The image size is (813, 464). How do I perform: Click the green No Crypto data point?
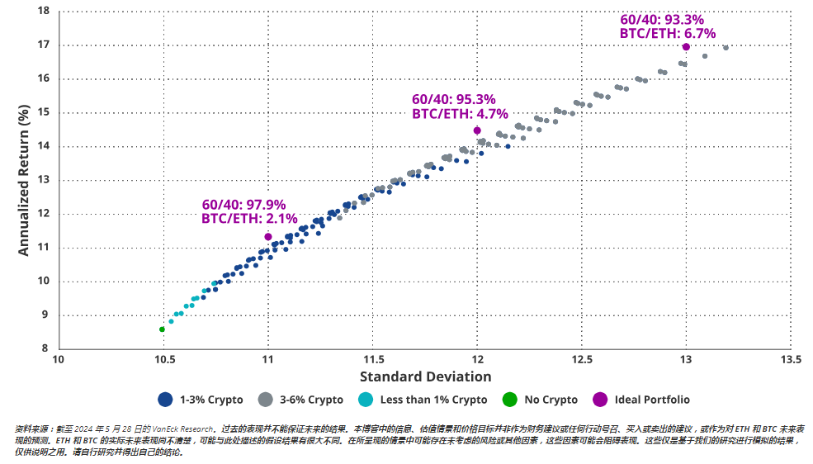coord(162,329)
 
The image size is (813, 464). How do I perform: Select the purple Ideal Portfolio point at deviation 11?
coord(268,237)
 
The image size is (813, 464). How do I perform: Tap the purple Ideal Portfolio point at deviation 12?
coord(477,130)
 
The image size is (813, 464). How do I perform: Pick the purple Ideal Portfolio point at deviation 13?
coord(686,47)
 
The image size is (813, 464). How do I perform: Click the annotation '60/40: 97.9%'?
coord(243,205)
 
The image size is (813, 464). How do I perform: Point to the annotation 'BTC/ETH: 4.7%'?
coord(460,114)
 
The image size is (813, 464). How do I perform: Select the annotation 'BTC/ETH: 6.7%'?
coord(668,34)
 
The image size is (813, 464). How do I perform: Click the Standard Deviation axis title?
coord(425,376)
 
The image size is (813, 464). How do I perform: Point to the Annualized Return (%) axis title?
coord(25,180)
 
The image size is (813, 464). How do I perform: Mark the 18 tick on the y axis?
coord(44,12)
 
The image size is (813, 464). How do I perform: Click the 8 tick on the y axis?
coord(47,348)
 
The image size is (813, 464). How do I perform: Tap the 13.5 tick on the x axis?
coord(791,360)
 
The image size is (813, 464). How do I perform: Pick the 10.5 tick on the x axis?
coord(163,360)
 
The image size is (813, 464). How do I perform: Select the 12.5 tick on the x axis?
coord(582,360)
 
